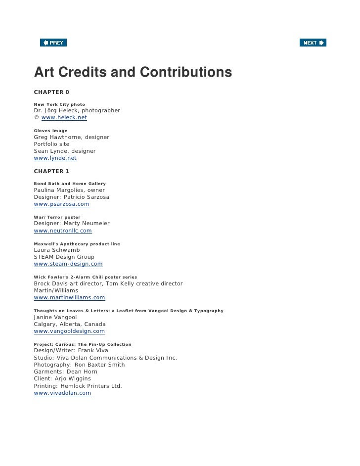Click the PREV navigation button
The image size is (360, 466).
coord(53,43)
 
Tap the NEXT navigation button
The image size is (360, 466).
coord(313,43)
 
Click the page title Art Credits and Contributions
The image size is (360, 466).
coord(133,72)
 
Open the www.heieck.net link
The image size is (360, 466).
coord(64,118)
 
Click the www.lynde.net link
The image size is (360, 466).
coord(55,158)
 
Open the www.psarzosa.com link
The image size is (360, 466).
coord(61,204)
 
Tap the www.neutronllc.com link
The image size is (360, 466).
coord(63,231)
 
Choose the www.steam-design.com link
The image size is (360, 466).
coord(68,264)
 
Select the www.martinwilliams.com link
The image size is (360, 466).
coord(69,298)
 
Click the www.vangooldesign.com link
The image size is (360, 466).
coord(69,331)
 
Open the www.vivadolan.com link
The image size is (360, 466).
coord(62,393)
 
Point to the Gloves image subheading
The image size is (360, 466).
coord(50,131)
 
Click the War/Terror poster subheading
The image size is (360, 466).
coord(57,217)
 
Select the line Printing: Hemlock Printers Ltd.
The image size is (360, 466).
coord(78,386)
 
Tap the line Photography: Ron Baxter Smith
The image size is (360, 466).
coord(79,365)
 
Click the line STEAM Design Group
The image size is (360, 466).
coord(64,257)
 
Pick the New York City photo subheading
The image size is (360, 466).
coord(59,104)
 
